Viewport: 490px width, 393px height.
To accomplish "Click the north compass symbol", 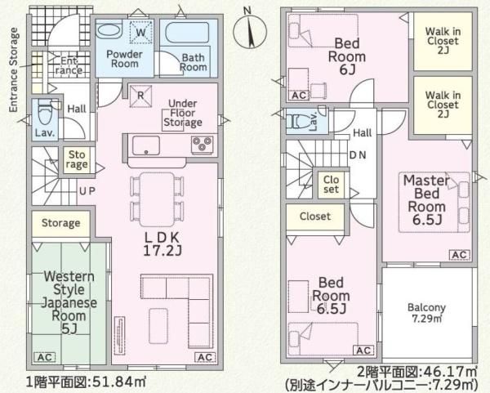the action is pyautogui.click(x=250, y=31).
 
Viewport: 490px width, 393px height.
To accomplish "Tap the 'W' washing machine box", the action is pyautogui.click(x=141, y=32).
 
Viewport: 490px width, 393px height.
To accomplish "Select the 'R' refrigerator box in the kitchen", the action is pyautogui.click(x=140, y=96).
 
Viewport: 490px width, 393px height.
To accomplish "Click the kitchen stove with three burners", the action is pyautogui.click(x=203, y=145).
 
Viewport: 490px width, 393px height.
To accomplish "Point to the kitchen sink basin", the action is pyautogui.click(x=146, y=145).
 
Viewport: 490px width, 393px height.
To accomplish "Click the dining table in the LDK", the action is pyautogui.click(x=157, y=199).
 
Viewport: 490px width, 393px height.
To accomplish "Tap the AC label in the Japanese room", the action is pyautogui.click(x=45, y=357).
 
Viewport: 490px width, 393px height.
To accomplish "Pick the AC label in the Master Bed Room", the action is pyautogui.click(x=459, y=255).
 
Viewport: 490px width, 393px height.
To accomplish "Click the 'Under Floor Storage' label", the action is pyautogui.click(x=183, y=113).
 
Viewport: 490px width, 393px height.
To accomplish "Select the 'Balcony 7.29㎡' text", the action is pyautogui.click(x=426, y=313).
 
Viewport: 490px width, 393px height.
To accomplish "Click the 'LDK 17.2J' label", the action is pyautogui.click(x=163, y=244).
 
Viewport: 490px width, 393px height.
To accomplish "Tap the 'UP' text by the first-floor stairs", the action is pyautogui.click(x=87, y=191).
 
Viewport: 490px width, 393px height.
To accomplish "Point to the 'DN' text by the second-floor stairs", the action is pyautogui.click(x=358, y=154).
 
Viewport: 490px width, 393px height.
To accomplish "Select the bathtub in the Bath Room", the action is pyautogui.click(x=187, y=32).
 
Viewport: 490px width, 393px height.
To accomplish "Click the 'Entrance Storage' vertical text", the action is pyautogui.click(x=13, y=69).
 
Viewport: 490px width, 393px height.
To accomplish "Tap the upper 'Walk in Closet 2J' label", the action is pyautogui.click(x=443, y=41).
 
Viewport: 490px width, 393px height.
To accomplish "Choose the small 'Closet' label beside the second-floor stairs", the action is pyautogui.click(x=331, y=185).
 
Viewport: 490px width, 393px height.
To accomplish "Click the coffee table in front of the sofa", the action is pyautogui.click(x=158, y=325).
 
